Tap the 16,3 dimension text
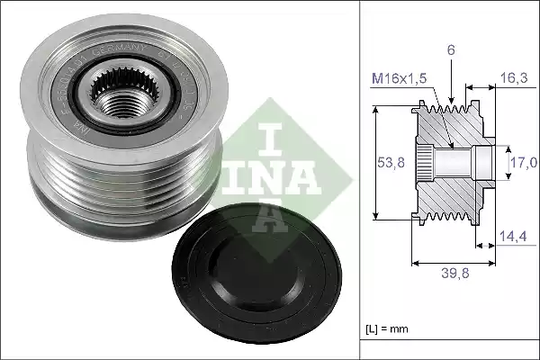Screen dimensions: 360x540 pos(515,78)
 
